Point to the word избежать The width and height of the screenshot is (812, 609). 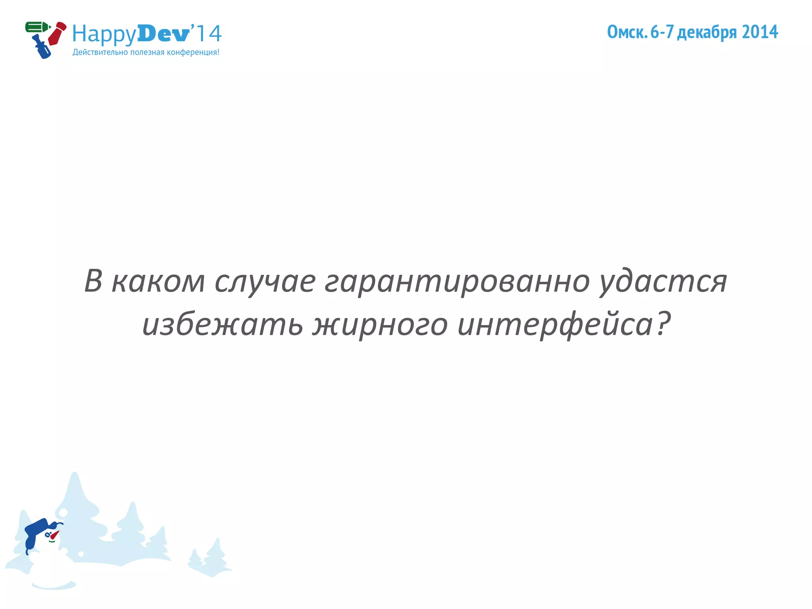(222, 324)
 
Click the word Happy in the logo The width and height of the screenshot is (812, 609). (104, 34)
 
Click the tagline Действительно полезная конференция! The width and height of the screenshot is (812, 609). (146, 52)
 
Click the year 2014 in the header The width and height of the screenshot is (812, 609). (760, 32)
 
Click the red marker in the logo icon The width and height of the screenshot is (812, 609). (57, 33)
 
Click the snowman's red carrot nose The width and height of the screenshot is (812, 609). (54, 535)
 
